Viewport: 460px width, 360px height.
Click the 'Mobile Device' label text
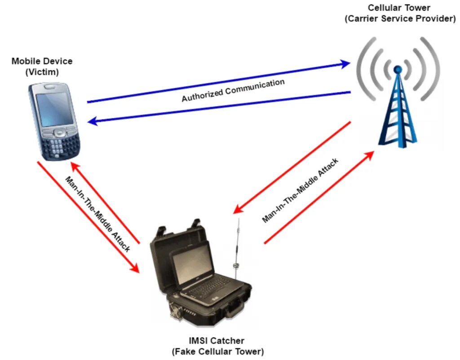[x=42, y=61]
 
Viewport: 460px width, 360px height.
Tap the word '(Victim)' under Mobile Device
[x=42, y=71]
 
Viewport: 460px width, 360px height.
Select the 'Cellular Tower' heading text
[x=399, y=8]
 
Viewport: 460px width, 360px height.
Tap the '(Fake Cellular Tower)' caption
[x=217, y=351]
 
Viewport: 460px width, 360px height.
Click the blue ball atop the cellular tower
[x=398, y=69]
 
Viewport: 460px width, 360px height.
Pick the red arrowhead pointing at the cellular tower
[x=369, y=155]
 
